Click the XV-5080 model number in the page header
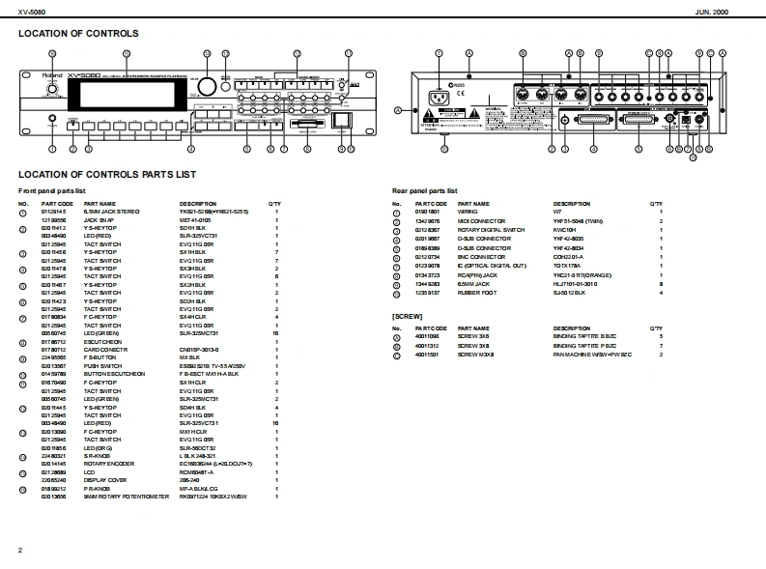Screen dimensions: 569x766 point(32,11)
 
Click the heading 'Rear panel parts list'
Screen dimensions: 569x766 point(425,191)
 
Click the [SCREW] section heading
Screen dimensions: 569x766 point(407,317)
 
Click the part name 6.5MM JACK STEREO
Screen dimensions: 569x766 point(111,211)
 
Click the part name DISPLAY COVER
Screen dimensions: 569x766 point(104,480)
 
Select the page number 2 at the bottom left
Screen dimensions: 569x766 point(20,550)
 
